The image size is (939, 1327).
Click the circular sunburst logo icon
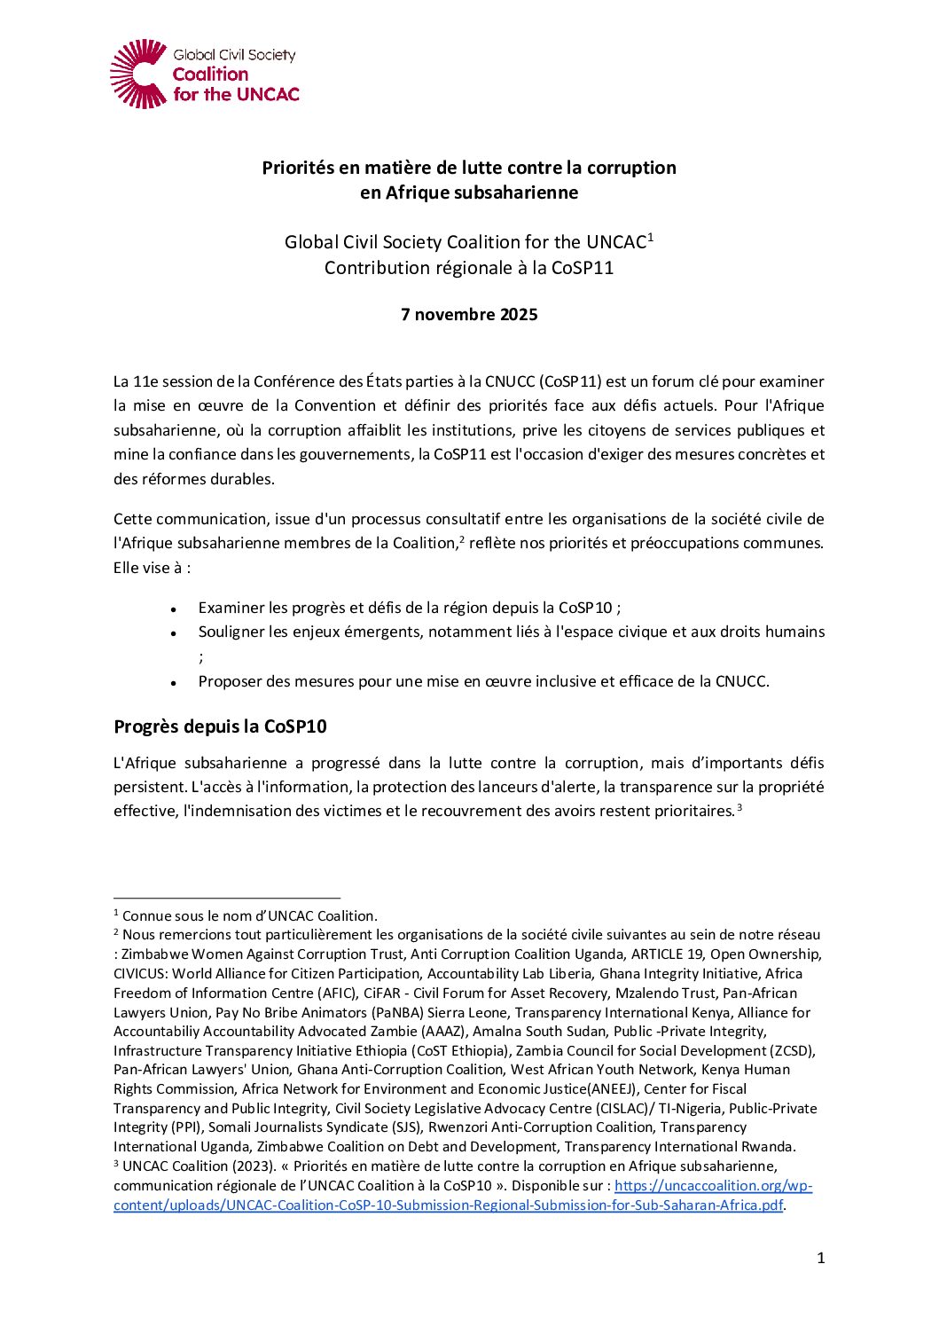pos(138,74)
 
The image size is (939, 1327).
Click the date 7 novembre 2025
pos(469,315)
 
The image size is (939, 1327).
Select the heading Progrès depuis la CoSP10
pos(220,726)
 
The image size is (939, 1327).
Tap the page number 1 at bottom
pos(820,1257)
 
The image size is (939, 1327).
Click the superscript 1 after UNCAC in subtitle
pos(650,237)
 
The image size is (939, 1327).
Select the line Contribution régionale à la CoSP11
pos(469,268)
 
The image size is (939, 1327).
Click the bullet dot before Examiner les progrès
pos(175,609)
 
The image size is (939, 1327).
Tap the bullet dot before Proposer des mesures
pos(175,683)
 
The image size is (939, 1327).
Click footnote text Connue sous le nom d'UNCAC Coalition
pos(250,915)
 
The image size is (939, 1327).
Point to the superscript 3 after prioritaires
pos(739,807)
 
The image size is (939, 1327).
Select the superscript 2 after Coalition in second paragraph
pos(461,538)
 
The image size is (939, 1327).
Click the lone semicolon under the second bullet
pos(201,656)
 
